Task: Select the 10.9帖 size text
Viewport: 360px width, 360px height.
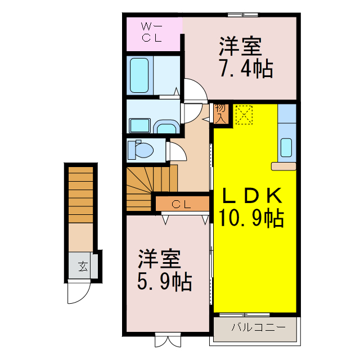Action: [x=252, y=217]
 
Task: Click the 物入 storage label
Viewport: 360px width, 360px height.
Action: [x=221, y=113]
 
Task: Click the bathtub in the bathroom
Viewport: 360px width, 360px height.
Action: [x=141, y=74]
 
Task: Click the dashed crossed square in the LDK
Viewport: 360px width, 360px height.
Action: [x=244, y=115]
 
